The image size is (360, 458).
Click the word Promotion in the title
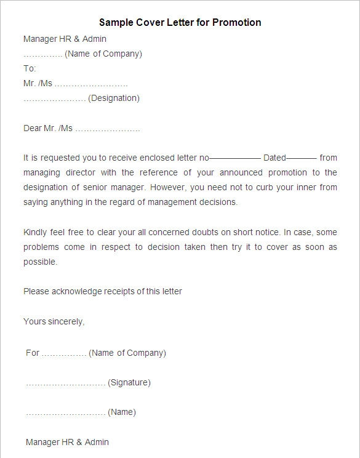[x=236, y=22]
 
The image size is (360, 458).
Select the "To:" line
[x=30, y=68]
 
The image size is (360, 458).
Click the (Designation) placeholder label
[x=114, y=98]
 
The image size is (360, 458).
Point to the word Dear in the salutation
[x=32, y=128]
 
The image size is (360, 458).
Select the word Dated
[x=274, y=158]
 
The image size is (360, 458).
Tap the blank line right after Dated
[x=302, y=158]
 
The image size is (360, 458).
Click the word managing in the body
[x=43, y=172]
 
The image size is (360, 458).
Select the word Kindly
[x=36, y=232]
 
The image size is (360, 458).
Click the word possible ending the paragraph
[x=40, y=262]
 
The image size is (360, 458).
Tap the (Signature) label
[x=129, y=382]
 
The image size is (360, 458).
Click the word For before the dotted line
[x=33, y=353]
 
